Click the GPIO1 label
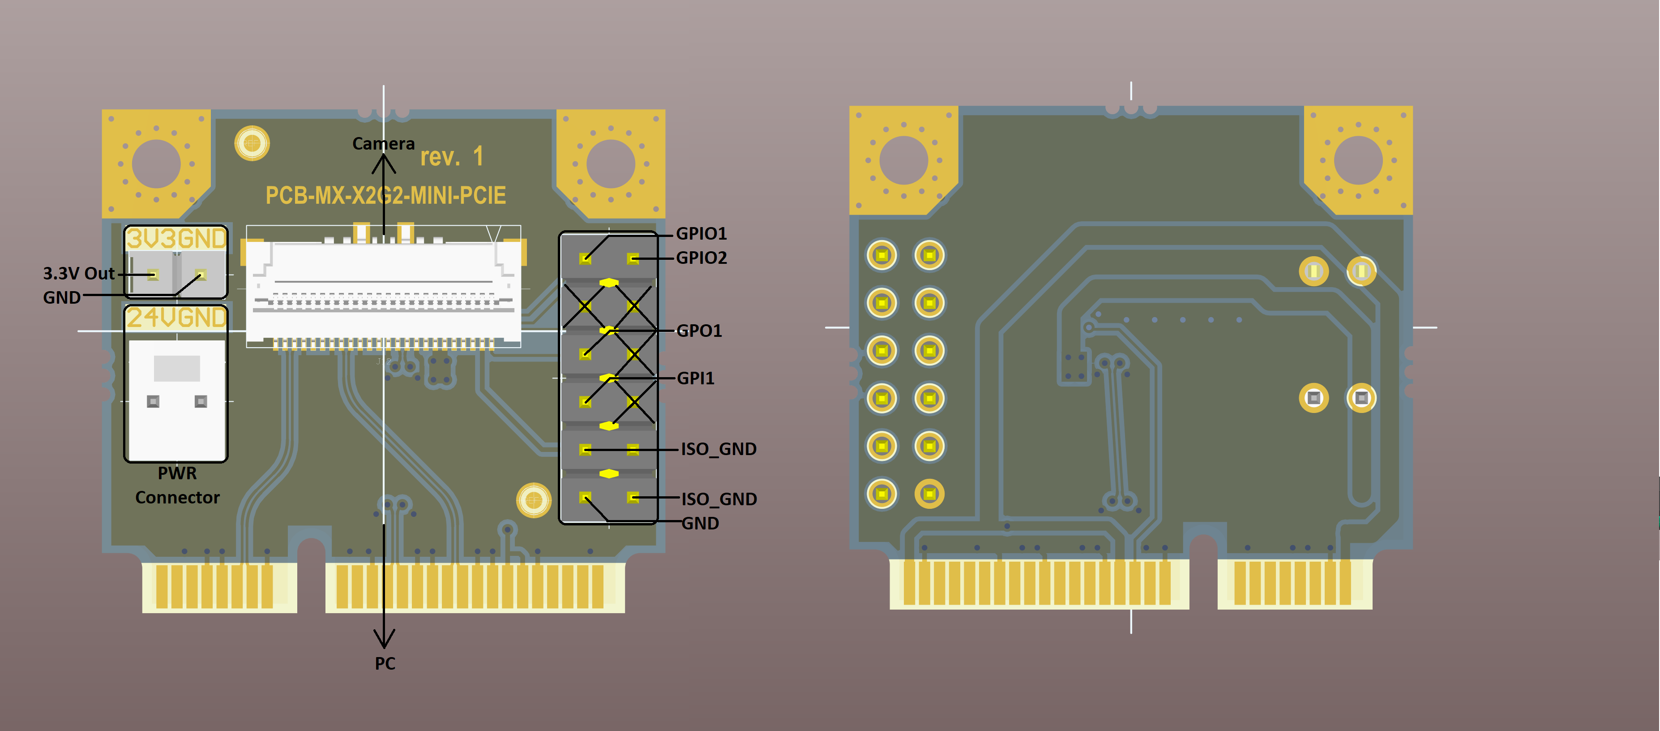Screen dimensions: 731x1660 pos(701,233)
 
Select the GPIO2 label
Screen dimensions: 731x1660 pos(701,258)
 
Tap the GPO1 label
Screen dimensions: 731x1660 pos(699,331)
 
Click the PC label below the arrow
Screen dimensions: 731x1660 pos(385,663)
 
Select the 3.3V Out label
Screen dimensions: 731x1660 pos(79,273)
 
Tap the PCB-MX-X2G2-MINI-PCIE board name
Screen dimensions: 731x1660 pos(385,195)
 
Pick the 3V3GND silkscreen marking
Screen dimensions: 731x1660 pos(176,239)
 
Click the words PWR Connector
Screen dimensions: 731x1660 pos(177,486)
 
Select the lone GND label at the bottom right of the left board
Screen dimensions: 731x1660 pos(700,524)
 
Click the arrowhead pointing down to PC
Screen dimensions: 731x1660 pos(384,638)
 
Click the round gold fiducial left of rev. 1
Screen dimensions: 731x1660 pos(252,143)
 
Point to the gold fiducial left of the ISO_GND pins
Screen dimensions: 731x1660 pos(534,499)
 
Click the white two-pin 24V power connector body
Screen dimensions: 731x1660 pos(176,400)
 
